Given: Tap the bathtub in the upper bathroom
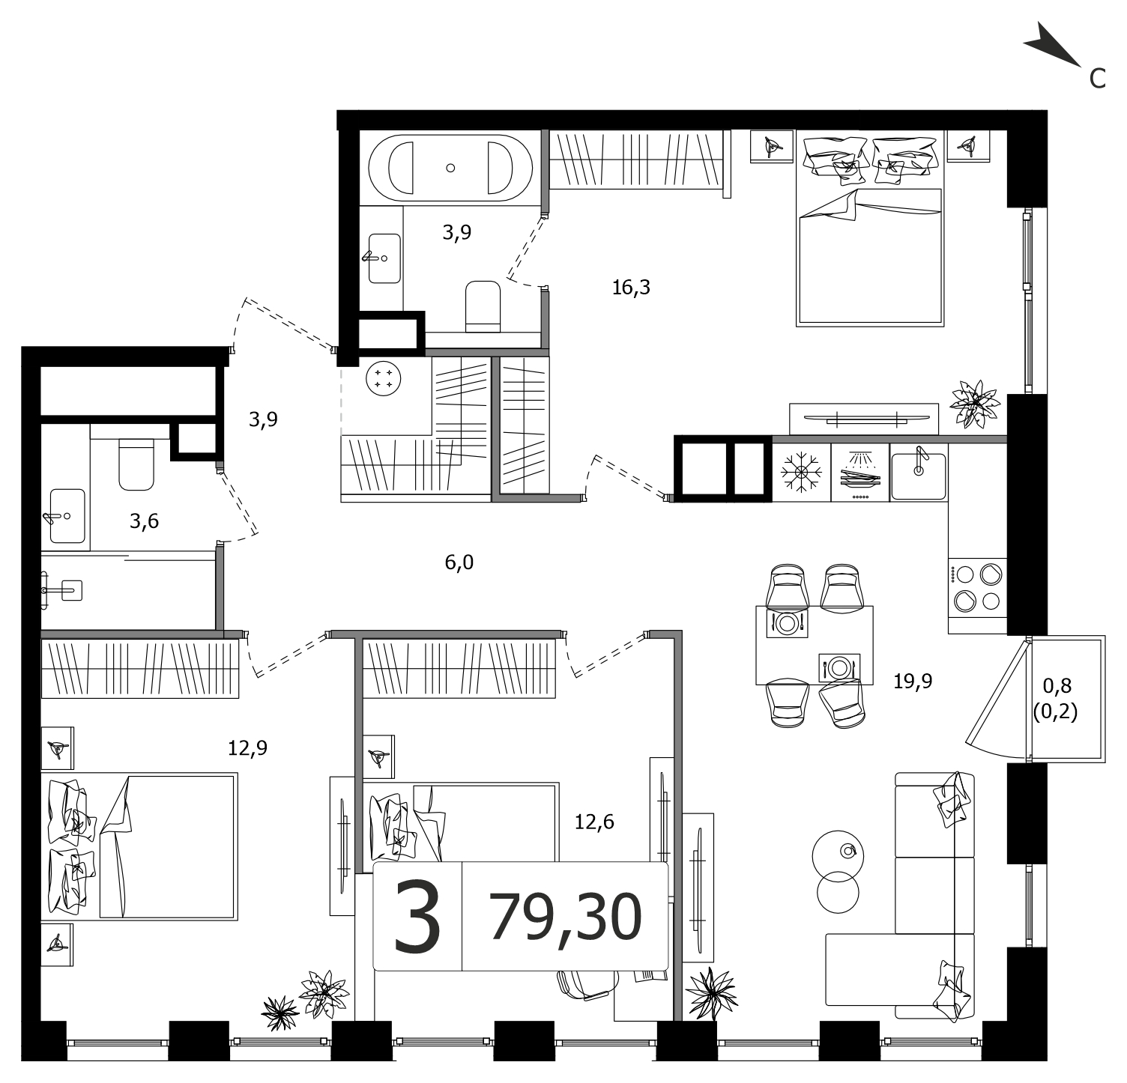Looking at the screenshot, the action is coord(450,168).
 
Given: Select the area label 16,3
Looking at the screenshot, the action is coord(631,287).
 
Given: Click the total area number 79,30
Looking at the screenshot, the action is coord(566,917).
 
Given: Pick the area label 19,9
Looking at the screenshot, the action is coord(913,681).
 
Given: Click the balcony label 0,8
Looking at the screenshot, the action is coord(1057,685).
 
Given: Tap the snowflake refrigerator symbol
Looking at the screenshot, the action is coord(801,472).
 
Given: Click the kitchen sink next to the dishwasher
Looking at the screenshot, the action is coord(919,473).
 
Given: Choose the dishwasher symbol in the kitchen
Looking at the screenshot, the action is coord(860,473).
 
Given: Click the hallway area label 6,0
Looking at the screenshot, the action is coord(459,562).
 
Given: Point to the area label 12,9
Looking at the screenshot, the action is coord(247,747).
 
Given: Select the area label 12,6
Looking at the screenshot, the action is coord(594,822).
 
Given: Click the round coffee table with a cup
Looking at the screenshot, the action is coord(838,851).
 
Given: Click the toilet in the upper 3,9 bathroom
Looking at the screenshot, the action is coord(483,306).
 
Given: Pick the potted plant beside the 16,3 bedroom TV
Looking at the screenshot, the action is coord(974,404).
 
